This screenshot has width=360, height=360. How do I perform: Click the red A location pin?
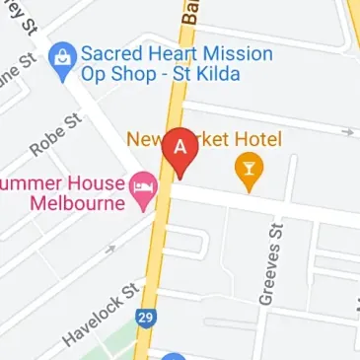pyautogui.click(x=180, y=149)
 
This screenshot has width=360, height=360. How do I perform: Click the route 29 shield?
pyautogui.click(x=145, y=320)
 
